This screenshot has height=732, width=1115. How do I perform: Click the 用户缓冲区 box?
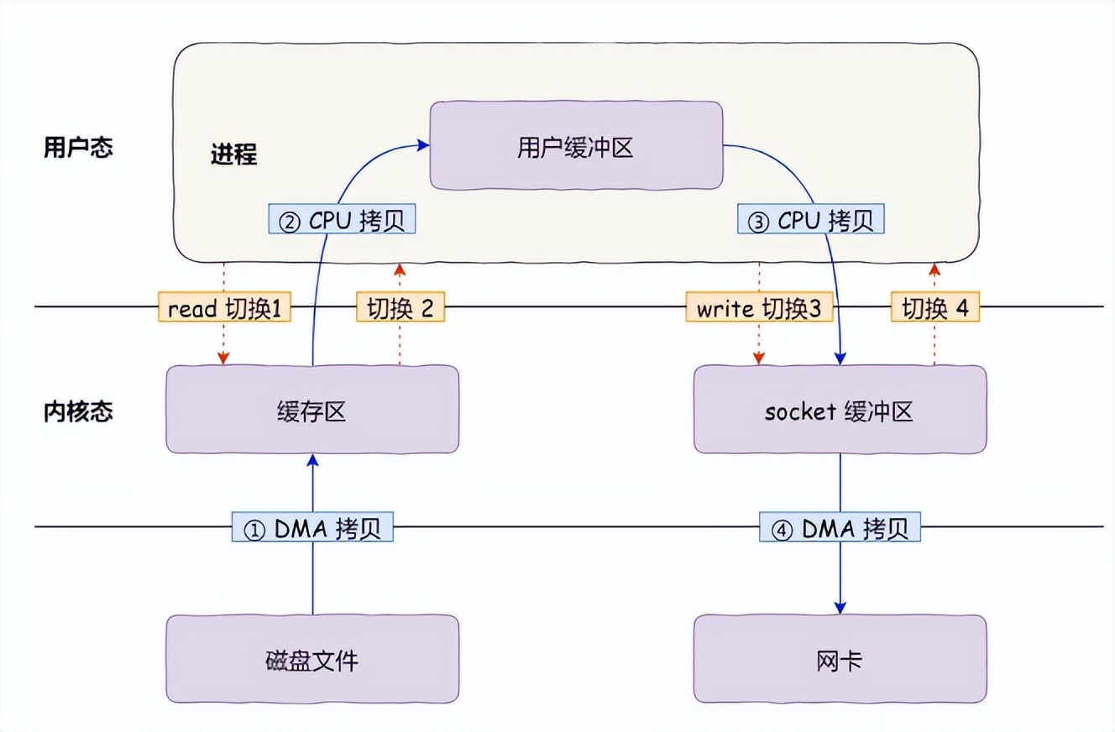(576, 146)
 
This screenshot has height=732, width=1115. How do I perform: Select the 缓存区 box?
(312, 410)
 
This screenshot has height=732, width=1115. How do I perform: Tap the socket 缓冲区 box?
(840, 410)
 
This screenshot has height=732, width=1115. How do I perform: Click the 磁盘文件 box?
(312, 659)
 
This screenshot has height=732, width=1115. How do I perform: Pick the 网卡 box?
(840, 659)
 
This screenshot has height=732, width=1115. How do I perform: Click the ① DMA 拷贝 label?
(311, 528)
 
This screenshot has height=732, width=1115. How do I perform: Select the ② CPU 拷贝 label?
(342, 220)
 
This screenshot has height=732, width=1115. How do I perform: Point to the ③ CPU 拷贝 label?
(811, 220)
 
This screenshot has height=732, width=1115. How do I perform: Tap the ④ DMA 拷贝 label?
(840, 528)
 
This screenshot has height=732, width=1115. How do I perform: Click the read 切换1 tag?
(224, 308)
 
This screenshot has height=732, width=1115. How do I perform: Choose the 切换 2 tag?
(400, 308)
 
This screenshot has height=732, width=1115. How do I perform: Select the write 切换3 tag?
(759, 308)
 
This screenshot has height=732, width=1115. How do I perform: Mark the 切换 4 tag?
(934, 308)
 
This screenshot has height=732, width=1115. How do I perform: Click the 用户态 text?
(77, 149)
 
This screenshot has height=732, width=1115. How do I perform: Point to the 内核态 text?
(77, 411)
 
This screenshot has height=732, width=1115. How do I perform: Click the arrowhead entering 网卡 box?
(840, 608)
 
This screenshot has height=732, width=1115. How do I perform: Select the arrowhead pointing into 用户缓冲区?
(423, 146)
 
